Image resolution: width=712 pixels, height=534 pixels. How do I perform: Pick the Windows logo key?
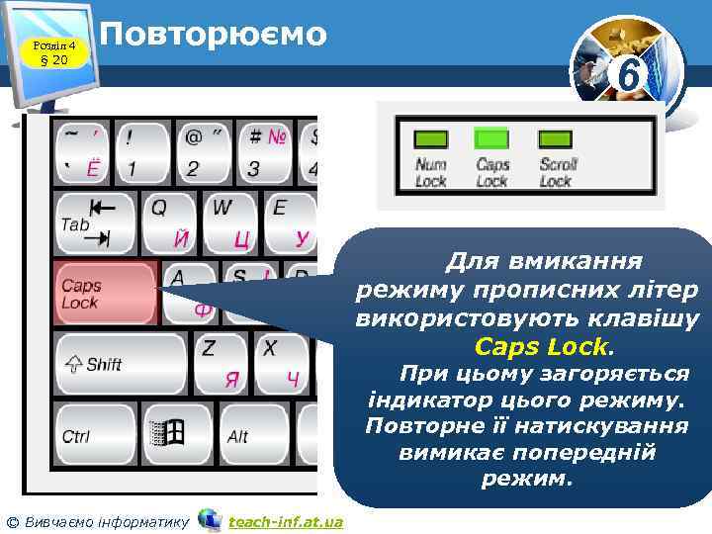(167, 435)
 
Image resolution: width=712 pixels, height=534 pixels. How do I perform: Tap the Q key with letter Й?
(169, 222)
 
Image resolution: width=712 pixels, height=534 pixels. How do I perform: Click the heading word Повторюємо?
(214, 35)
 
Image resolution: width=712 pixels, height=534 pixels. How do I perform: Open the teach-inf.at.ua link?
(285, 521)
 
